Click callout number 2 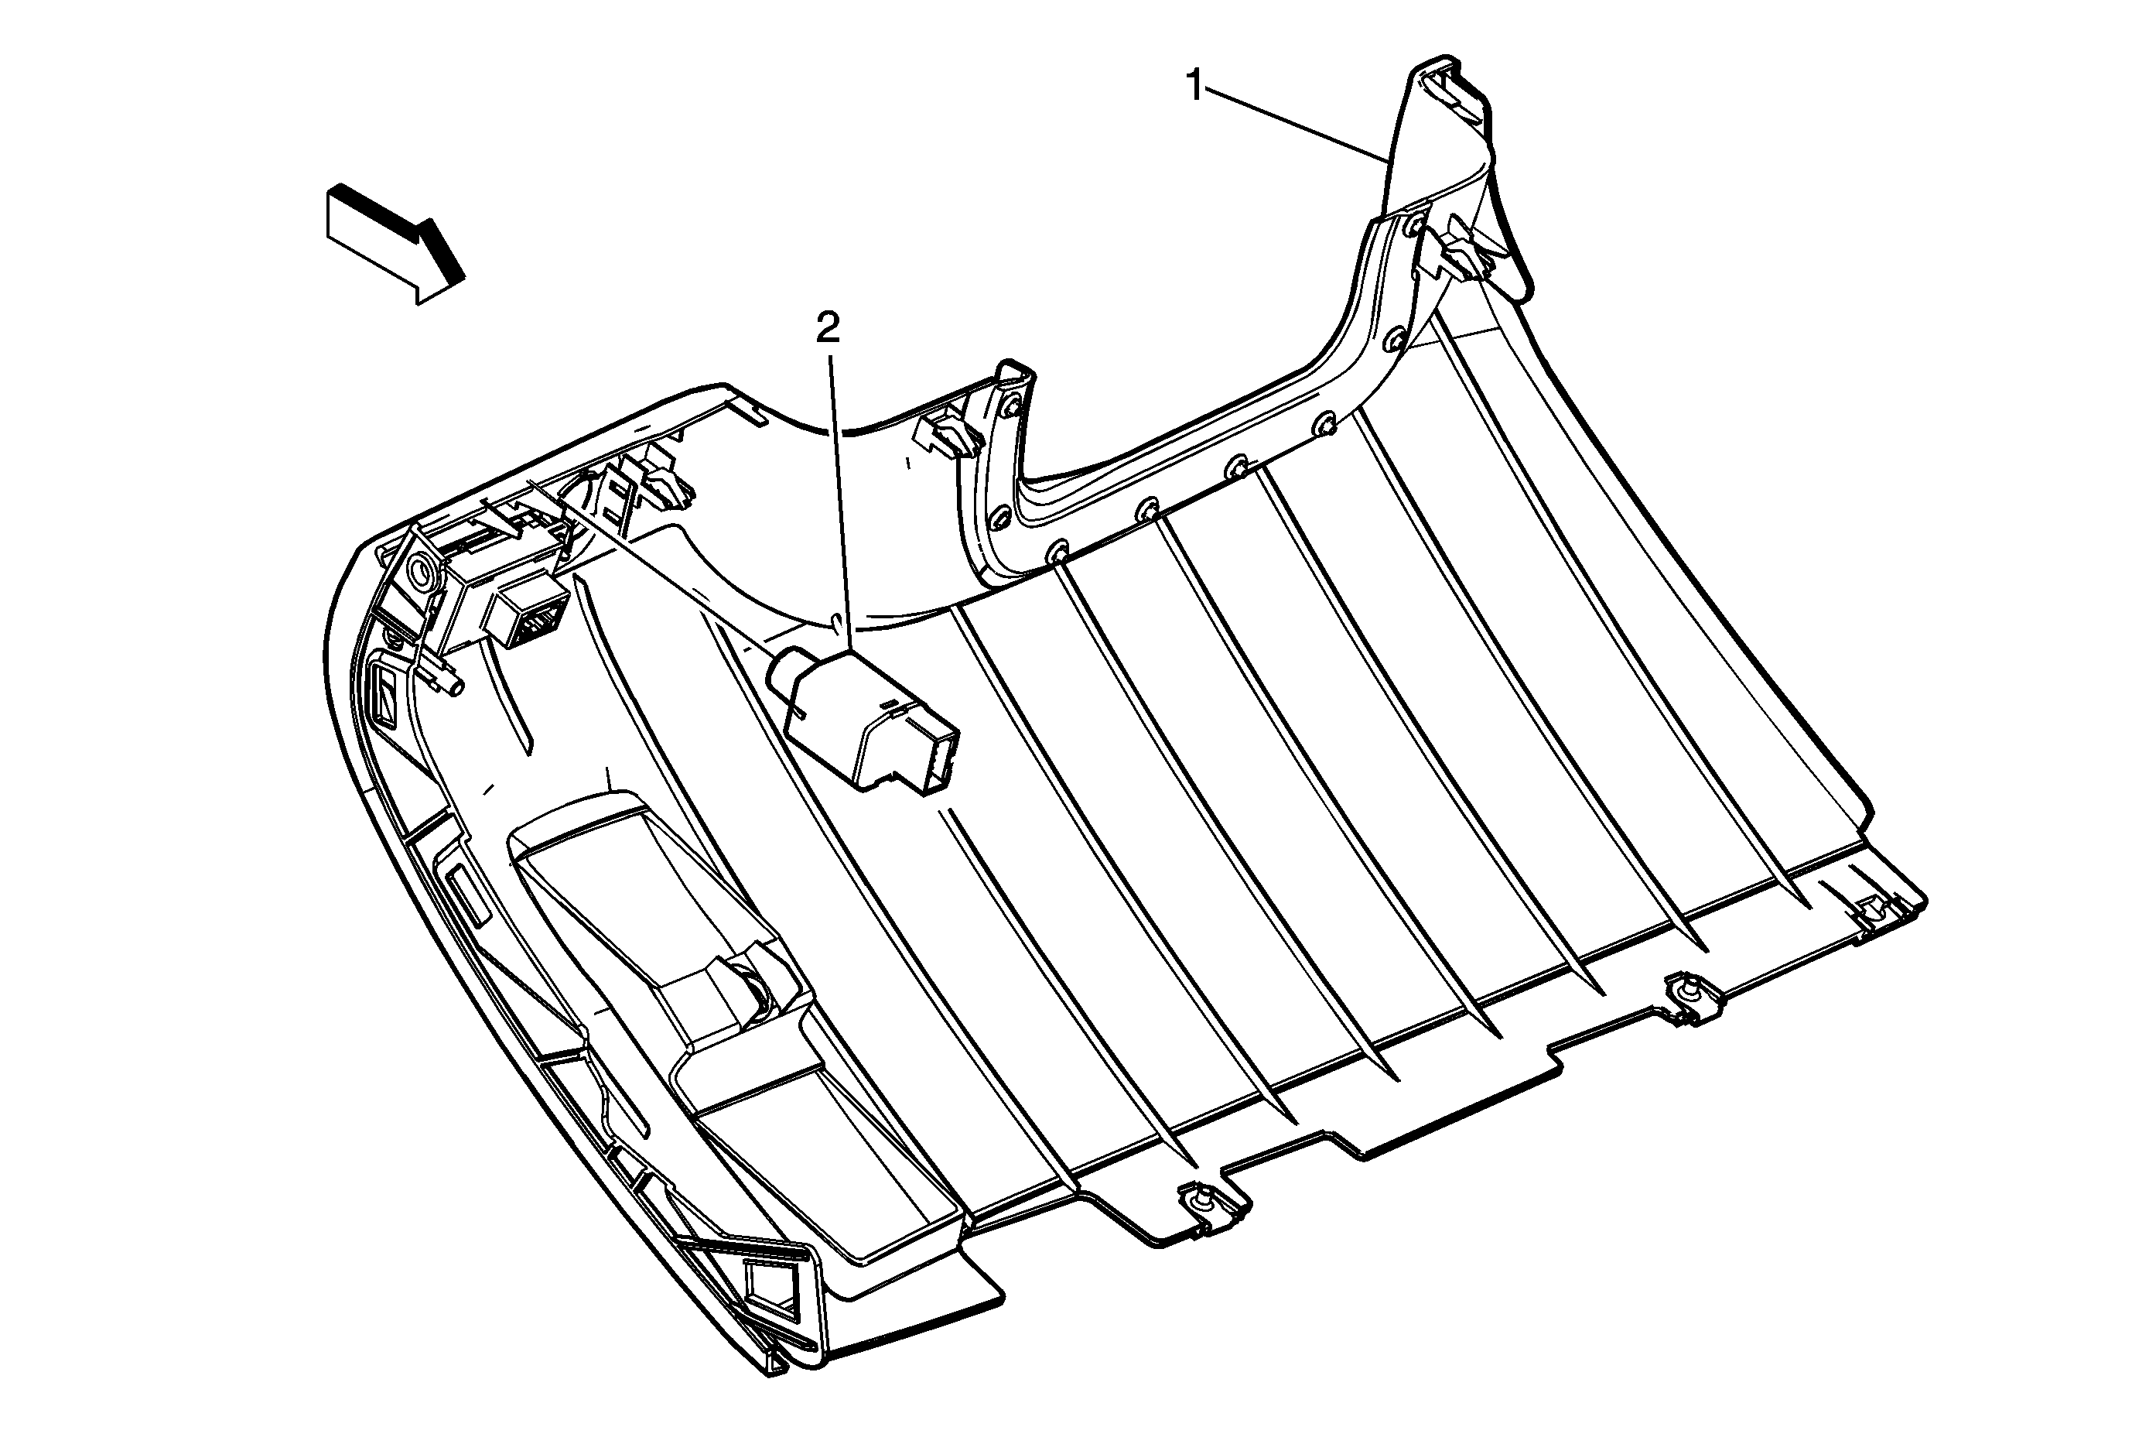(828, 328)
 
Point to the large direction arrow (395, 241)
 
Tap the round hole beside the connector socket (424, 573)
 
